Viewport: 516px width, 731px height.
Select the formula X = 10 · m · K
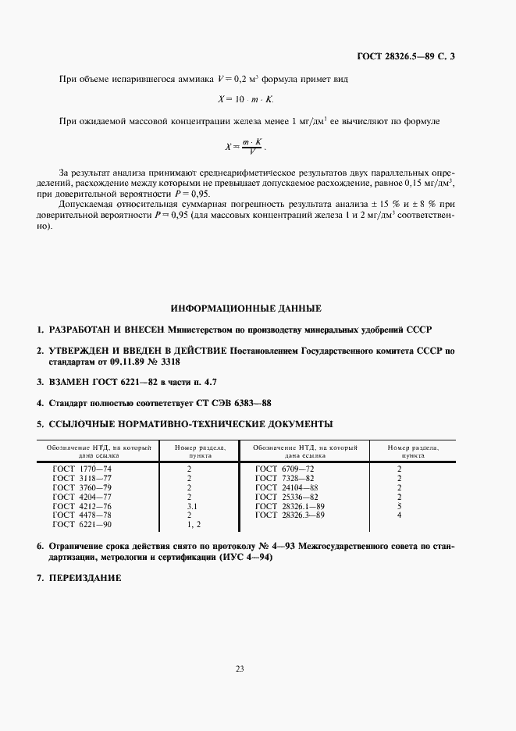coord(246,100)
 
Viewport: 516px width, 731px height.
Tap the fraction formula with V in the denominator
coord(250,146)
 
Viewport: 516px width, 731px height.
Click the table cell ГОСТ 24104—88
coord(287,487)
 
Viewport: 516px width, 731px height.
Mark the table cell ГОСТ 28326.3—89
coord(290,515)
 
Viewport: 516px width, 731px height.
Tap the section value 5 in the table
coord(399,506)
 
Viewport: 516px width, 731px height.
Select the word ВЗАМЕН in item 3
coord(71,383)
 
